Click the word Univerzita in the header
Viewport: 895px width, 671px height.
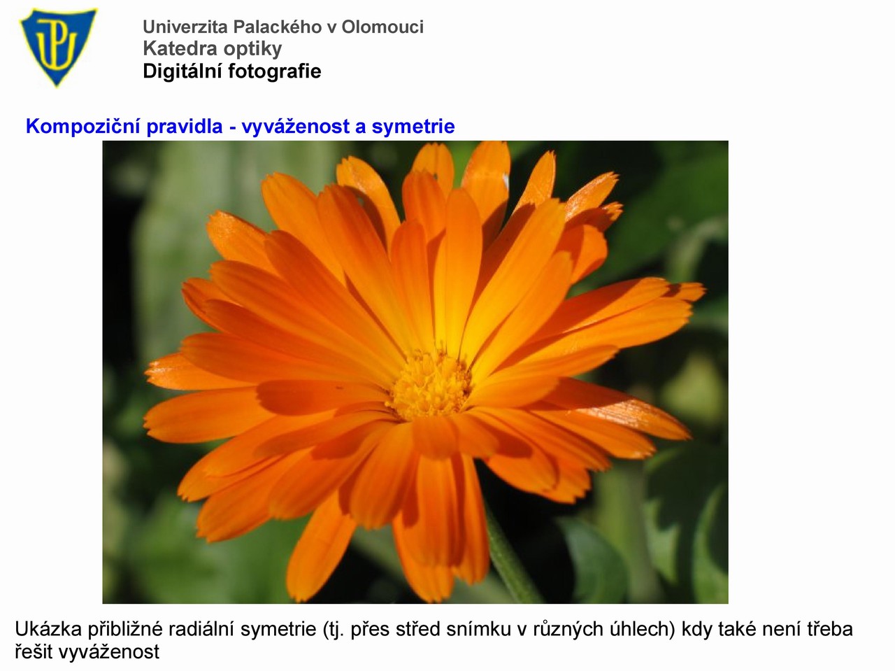point(185,27)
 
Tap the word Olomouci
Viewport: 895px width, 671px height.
point(383,27)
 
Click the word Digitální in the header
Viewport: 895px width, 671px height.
point(182,72)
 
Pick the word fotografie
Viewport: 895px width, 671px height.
point(275,72)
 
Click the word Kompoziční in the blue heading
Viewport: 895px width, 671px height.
point(83,127)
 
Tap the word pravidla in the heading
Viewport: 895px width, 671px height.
point(185,127)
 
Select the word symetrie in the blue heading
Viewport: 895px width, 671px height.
point(413,127)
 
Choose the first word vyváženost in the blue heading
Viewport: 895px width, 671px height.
point(296,127)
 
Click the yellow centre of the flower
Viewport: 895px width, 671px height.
point(429,384)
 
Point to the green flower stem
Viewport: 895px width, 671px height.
point(511,559)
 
